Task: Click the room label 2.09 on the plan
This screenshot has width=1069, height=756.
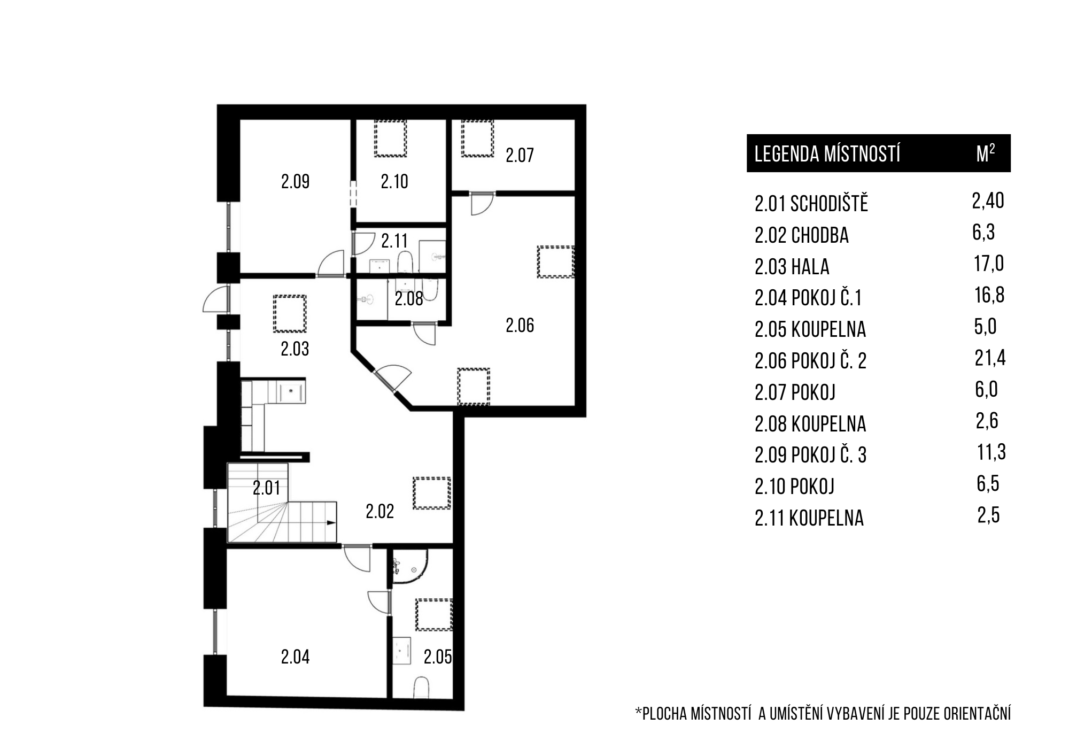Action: [295, 182]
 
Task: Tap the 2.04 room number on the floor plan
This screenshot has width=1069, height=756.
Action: [295, 657]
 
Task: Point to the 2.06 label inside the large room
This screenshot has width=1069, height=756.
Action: [520, 326]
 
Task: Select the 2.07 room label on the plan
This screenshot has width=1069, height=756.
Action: [520, 156]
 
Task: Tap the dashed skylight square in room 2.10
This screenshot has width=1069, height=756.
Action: [390, 138]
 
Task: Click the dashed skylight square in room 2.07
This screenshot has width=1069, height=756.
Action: [478, 138]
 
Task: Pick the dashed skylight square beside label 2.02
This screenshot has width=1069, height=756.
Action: [432, 493]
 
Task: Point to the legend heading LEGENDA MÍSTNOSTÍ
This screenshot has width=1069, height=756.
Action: [827, 154]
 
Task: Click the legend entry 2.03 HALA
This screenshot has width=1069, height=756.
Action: [792, 267]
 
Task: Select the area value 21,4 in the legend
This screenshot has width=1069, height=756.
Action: [990, 358]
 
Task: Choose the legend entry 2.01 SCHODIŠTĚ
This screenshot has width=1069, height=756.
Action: [811, 204]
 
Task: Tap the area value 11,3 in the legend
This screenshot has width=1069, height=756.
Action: [991, 452]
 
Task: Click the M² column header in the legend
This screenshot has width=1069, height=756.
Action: [985, 153]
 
